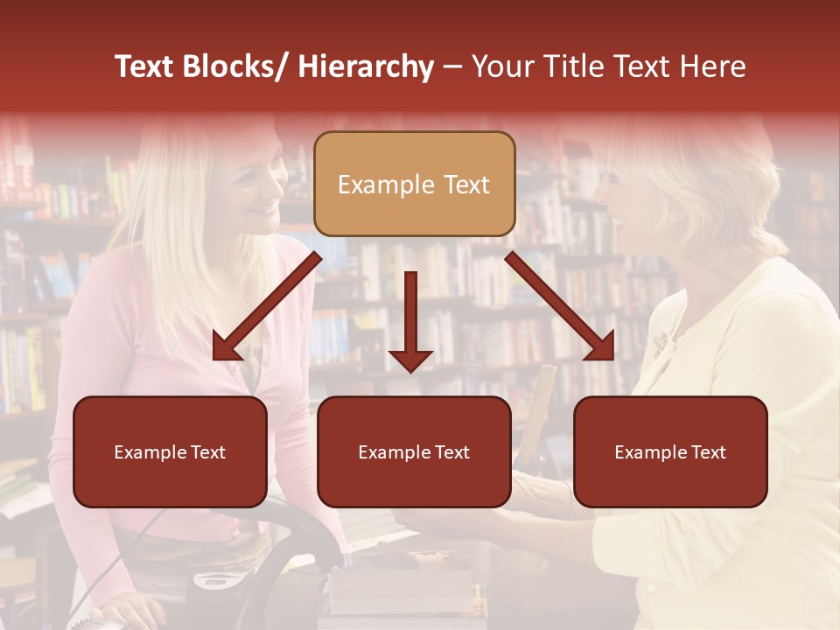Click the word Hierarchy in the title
[366, 66]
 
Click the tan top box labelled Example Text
[414, 184]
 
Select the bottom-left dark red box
[170, 451]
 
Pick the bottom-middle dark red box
[414, 451]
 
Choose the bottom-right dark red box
[670, 451]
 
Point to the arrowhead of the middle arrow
[410, 359]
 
